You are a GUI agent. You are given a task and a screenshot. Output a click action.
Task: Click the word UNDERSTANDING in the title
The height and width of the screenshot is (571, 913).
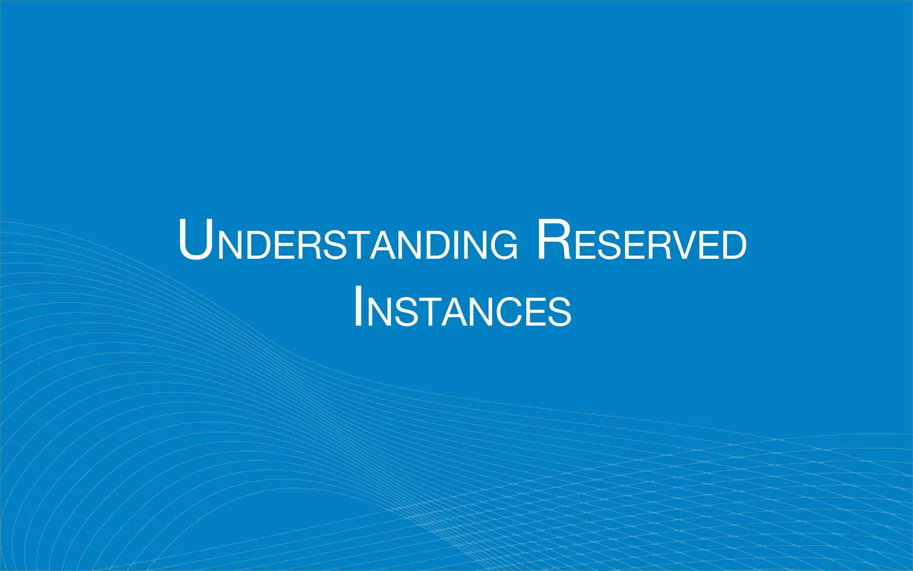click(x=348, y=241)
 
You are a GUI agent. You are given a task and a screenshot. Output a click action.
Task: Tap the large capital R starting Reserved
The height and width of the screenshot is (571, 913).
click(x=554, y=240)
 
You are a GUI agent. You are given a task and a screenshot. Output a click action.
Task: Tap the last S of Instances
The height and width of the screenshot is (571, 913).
click(x=558, y=312)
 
